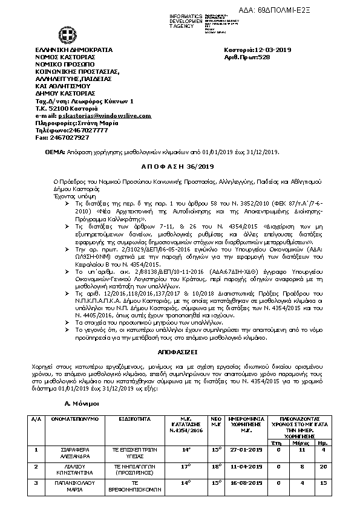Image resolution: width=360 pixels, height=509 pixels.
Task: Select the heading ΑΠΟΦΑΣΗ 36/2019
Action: (179, 166)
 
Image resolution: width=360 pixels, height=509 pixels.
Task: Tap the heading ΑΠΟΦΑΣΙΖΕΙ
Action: (180, 350)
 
